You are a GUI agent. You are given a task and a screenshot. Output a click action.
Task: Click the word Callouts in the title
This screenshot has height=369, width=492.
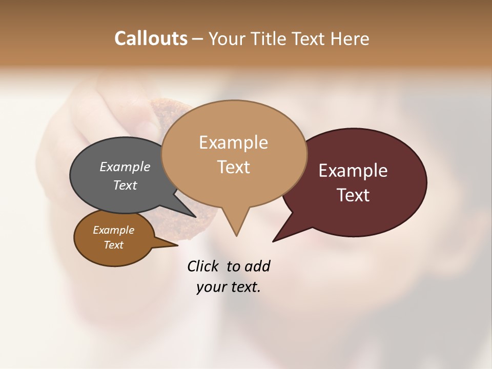pos(151,38)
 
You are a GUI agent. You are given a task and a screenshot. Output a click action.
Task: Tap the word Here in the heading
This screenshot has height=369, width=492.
pos(350,38)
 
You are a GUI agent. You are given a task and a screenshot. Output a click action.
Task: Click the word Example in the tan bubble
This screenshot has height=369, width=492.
pos(233,142)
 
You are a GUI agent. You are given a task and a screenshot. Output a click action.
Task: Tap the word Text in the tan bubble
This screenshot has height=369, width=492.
pos(233,167)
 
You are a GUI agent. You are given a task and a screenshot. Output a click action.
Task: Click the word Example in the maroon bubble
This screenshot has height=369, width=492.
pos(353,171)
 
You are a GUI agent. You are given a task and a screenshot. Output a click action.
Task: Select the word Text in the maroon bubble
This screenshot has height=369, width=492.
pos(353,195)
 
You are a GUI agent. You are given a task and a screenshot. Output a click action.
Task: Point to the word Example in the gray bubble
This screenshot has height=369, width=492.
pos(125,167)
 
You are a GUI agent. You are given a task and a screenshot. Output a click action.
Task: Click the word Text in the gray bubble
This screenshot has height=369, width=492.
pos(125,185)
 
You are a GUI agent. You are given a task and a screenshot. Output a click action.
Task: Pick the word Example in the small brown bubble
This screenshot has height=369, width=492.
pos(113,230)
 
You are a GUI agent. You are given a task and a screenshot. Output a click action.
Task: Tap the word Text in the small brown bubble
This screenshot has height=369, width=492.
pos(113,245)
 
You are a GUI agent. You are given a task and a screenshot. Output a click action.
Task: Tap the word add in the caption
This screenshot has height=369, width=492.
pos(257,266)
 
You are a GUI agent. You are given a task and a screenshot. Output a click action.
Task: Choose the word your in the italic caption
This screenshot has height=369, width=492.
pos(210,287)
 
